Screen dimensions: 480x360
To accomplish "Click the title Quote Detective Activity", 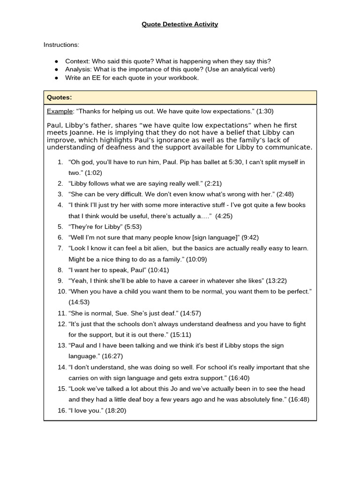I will pos(180,24).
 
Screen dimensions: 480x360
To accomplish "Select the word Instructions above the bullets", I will pos(61,45).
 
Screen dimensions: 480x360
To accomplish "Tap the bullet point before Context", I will pos(57,61).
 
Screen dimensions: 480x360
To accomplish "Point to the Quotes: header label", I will pos(59,97).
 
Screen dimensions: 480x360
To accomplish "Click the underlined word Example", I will pos(60,112).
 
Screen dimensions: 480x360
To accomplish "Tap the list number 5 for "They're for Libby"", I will pos(60,226).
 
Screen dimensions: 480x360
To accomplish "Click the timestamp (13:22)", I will pos(276,281).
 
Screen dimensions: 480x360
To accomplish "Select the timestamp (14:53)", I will pos(79,302).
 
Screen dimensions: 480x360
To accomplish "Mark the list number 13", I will pos(61,345).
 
